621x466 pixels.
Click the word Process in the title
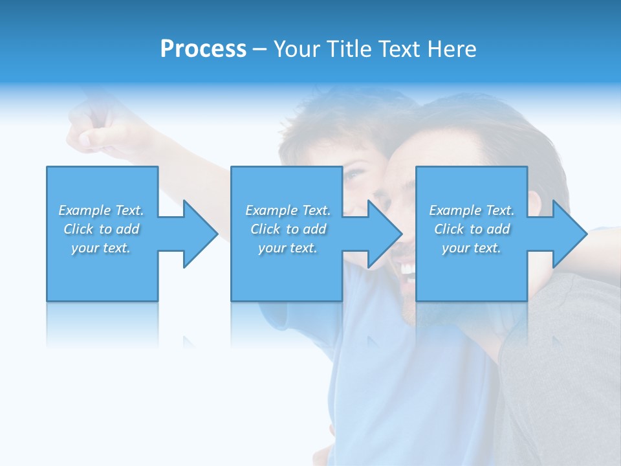203,49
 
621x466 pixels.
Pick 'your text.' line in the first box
101,248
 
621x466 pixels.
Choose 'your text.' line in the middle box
287,248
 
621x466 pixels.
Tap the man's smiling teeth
408,267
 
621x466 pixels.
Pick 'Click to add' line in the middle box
289,229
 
